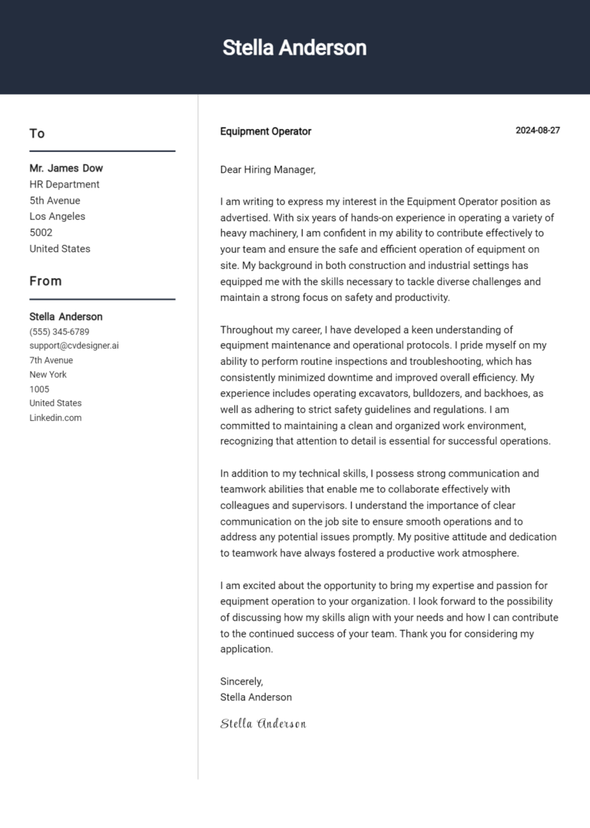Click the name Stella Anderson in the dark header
point(294,48)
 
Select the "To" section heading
point(37,134)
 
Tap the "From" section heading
point(45,281)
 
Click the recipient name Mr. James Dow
point(66,168)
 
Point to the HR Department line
point(65,184)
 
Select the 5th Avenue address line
point(55,200)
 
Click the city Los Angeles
point(58,217)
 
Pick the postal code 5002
point(41,233)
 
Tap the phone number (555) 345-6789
point(59,332)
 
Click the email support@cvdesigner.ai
point(74,346)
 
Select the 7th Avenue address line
point(51,360)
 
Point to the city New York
point(48,375)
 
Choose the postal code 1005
point(39,389)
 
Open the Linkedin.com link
point(55,418)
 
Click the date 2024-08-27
point(537,131)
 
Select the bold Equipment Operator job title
point(266,131)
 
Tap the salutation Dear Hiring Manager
point(268,170)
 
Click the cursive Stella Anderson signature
point(264,724)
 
